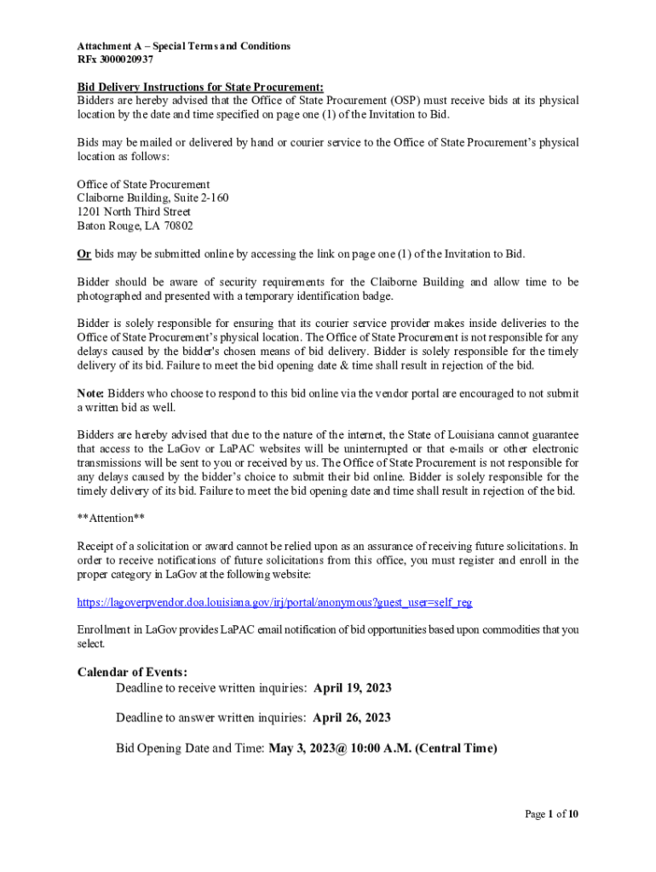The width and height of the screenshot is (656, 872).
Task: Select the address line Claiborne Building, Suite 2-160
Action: click(152, 198)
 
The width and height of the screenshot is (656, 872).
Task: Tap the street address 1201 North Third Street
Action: click(134, 212)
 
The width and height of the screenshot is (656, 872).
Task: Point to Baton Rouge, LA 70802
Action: click(135, 226)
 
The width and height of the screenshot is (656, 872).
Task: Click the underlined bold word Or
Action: click(84, 254)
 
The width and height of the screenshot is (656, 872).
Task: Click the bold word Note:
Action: click(90, 393)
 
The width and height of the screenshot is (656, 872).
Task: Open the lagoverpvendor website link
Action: click(274, 602)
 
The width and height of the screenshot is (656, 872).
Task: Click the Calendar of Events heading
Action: click(132, 673)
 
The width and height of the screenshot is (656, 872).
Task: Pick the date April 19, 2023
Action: click(353, 688)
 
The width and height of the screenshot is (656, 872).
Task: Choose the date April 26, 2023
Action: click(352, 718)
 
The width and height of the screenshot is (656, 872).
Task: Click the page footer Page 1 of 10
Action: click(551, 814)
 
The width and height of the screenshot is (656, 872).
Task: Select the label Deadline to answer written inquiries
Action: click(211, 718)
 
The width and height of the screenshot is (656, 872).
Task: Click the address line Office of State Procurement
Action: click(143, 185)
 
